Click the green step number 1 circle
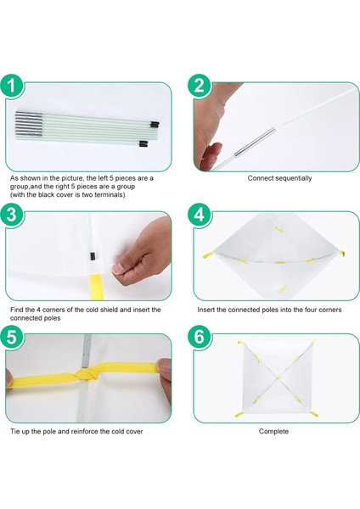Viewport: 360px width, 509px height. [12, 86]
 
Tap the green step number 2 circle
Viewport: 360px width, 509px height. [200, 86]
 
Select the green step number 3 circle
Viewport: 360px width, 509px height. [12, 215]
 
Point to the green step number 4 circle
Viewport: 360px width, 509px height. [200, 215]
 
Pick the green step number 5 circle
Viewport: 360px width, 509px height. [12, 337]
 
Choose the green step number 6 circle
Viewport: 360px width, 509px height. [200, 337]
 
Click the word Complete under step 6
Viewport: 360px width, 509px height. [273, 432]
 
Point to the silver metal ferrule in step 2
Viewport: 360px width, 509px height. [255, 142]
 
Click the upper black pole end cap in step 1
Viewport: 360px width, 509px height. [155, 124]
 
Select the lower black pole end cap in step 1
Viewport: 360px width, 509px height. [143, 143]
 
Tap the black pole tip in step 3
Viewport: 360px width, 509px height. [93, 256]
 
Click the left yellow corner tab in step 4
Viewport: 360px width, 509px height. [207, 255]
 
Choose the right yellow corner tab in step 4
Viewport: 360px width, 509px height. [340, 254]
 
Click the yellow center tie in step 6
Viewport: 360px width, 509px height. [277, 378]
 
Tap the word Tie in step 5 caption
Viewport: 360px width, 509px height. [15, 432]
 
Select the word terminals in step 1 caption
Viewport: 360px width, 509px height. [110, 195]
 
